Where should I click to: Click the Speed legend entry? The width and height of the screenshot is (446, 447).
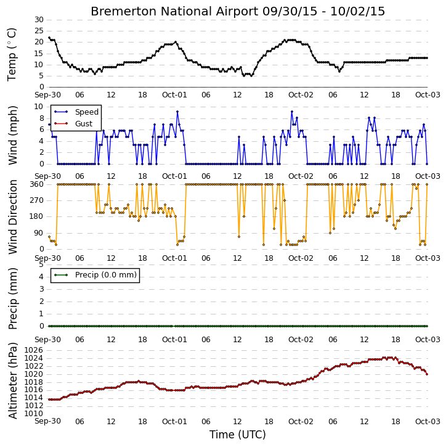[x=87, y=112]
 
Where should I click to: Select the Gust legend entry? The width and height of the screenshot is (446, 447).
[x=84, y=124]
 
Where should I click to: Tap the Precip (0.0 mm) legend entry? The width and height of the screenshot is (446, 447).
[x=106, y=275]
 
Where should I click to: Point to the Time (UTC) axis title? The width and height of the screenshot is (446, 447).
[x=238, y=435]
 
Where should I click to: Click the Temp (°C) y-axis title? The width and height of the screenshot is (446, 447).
[x=12, y=54]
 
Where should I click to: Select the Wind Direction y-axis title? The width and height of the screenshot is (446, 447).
[x=12, y=217]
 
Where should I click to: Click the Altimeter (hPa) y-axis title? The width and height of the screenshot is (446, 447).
[x=12, y=380]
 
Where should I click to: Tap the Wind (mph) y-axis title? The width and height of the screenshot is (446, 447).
[x=12, y=136]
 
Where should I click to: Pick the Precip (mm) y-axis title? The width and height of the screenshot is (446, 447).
[x=12, y=298]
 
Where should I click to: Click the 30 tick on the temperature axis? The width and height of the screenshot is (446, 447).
[x=39, y=20]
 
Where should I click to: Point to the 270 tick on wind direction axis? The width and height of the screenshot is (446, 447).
[x=37, y=200]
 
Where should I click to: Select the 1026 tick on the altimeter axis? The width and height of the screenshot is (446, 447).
[x=34, y=350]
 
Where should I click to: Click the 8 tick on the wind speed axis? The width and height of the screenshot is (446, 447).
[x=41, y=118]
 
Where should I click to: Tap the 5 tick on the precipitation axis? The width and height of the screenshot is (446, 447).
[x=41, y=265]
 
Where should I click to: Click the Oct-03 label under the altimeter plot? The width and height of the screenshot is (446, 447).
[x=428, y=421]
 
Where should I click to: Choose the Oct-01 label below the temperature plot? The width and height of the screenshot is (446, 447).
[x=174, y=95]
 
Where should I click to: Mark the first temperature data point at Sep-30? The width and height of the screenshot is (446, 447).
[x=49, y=38]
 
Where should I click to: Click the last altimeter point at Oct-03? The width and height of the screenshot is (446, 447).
[x=427, y=374]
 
